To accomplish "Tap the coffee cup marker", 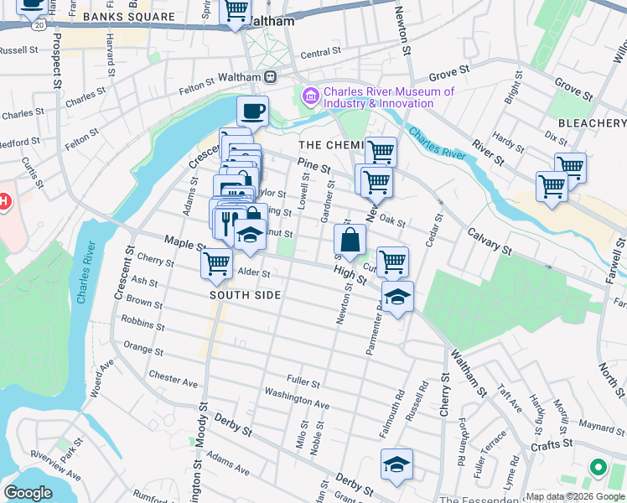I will pyautogui.click(x=252, y=111).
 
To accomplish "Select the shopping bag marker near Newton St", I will pyautogui.click(x=350, y=240).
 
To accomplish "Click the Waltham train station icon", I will pyautogui.click(x=271, y=77).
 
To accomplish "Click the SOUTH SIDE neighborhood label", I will pyautogui.click(x=245, y=296).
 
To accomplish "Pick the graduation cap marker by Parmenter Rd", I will pyautogui.click(x=398, y=296).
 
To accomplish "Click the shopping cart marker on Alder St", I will pyautogui.click(x=216, y=263).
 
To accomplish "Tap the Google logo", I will pyautogui.click(x=28, y=493).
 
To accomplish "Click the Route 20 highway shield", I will pyautogui.click(x=39, y=26).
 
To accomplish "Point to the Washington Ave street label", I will pyautogui.click(x=297, y=397).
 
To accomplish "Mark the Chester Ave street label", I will pyautogui.click(x=173, y=380).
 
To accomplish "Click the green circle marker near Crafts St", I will pyautogui.click(x=598, y=466).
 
